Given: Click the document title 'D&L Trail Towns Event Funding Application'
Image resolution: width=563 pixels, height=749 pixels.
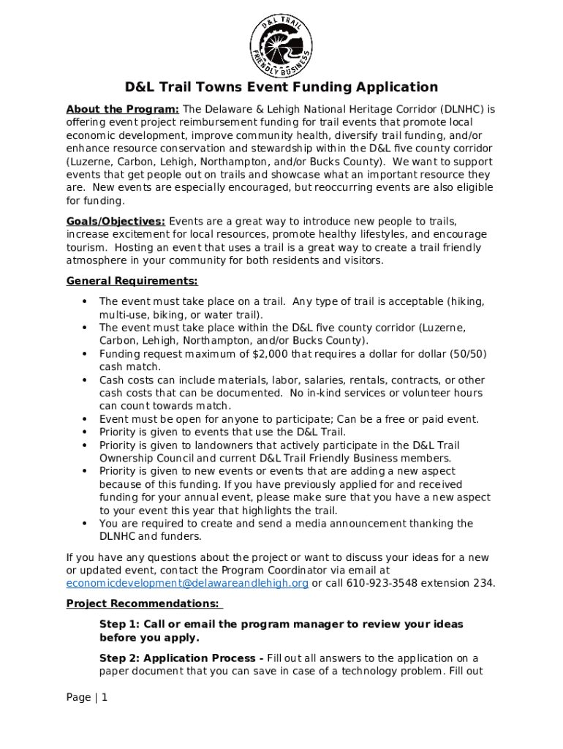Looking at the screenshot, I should coord(281,88).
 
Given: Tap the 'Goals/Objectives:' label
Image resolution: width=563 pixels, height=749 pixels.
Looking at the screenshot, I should coord(116,222).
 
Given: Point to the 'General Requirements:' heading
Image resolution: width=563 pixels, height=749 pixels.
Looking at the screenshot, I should coord(132,282).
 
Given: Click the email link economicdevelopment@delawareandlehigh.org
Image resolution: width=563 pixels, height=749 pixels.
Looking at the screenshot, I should coord(187,584).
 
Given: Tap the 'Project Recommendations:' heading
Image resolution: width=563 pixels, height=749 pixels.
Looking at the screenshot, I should coord(143,604).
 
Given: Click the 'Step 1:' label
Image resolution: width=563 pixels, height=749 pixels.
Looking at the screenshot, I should coord(120,625).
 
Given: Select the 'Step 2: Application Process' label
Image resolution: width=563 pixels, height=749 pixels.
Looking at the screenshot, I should coord(181,658).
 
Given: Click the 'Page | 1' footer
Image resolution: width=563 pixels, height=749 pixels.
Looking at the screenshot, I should coord(87,698).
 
